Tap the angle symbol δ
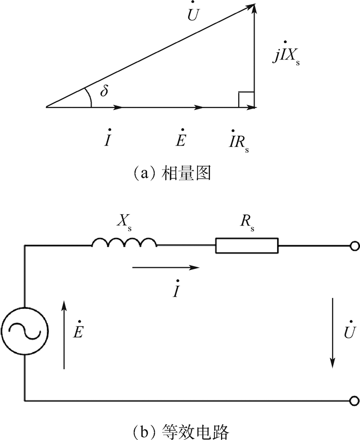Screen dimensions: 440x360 (105, 91)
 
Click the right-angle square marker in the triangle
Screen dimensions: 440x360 (246, 100)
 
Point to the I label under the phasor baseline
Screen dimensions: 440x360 (106, 139)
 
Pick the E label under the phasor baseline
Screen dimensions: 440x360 (180, 139)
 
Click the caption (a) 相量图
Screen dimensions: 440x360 (173, 173)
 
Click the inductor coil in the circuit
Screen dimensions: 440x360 (124, 243)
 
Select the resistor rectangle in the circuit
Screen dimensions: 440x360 (246, 246)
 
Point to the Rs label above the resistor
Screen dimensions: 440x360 (246, 223)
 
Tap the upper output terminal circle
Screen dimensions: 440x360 (354, 246)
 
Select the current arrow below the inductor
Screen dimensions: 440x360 (165, 267)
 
